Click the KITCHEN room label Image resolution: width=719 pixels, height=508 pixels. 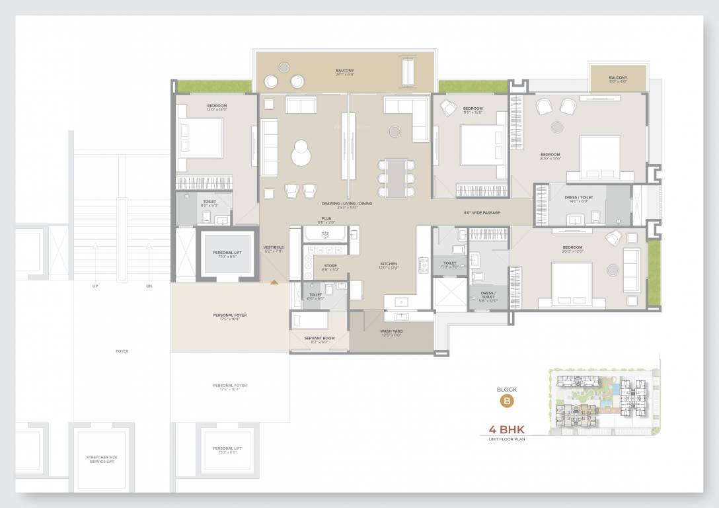[x=389, y=264]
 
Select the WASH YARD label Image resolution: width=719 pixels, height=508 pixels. [x=391, y=332]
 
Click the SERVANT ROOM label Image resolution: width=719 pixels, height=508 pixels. [x=320, y=339]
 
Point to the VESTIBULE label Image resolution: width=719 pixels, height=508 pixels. [x=273, y=247]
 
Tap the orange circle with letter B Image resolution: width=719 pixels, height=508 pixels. [x=507, y=400]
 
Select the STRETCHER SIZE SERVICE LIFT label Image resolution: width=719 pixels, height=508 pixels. [x=102, y=459]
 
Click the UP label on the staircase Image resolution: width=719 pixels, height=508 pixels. [x=96, y=286]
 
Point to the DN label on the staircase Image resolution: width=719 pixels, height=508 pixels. [x=149, y=286]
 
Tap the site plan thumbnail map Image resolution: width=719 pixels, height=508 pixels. [x=603, y=402]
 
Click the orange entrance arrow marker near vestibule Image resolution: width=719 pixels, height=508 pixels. [x=274, y=282]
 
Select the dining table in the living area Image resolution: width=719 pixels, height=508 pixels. [x=397, y=178]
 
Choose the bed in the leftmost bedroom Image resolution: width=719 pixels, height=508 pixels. [x=201, y=138]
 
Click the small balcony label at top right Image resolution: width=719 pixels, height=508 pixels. [x=618, y=78]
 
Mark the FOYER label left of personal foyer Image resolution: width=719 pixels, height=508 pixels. [x=122, y=351]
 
